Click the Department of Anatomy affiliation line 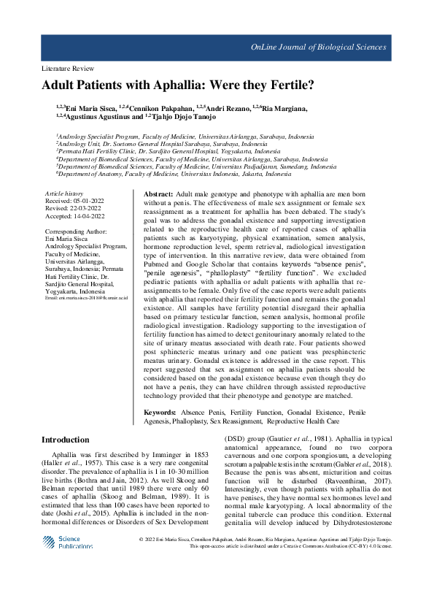[x=175, y=175]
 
